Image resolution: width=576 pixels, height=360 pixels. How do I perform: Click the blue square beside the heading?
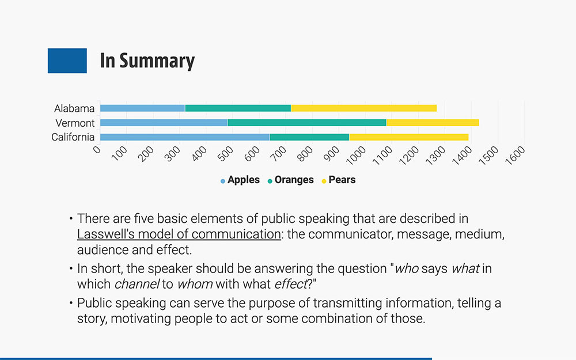pyautogui.click(x=67, y=60)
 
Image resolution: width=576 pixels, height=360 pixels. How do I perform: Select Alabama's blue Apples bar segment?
pyautogui.click(x=142, y=108)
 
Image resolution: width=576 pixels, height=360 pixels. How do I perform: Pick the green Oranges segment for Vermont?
pyautogui.click(x=307, y=123)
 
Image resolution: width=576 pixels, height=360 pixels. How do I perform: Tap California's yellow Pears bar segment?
pyautogui.click(x=409, y=137)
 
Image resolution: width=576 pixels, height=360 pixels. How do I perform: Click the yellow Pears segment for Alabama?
pyautogui.click(x=363, y=108)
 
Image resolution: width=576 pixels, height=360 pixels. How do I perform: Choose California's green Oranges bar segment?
pyautogui.click(x=309, y=137)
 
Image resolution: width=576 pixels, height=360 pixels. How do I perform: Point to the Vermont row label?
pyautogui.click(x=75, y=123)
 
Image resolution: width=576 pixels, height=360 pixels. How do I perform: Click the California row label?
pyautogui.click(x=73, y=137)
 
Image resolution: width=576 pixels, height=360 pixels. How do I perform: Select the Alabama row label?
pyautogui.click(x=74, y=108)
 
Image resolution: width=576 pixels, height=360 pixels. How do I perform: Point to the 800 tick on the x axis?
pyautogui.click(x=305, y=154)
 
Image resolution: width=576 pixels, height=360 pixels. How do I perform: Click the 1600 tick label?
pyautogui.click(x=516, y=155)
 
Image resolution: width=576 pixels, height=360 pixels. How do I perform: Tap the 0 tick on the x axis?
pyautogui.click(x=97, y=149)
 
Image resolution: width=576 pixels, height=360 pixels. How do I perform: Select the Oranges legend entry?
pyautogui.click(x=290, y=180)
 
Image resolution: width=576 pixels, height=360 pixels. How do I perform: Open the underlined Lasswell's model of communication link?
pyautogui.click(x=179, y=234)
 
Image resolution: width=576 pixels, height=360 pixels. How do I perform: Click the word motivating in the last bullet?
pyautogui.click(x=141, y=319)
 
